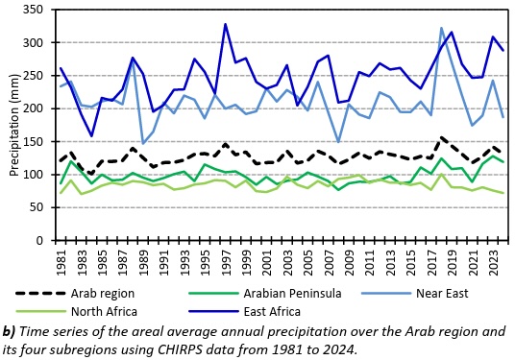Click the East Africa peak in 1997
[x=225, y=24]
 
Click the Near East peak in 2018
[x=441, y=28]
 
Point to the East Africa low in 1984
[x=91, y=136]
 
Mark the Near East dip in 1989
[x=143, y=143]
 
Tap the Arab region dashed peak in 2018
[x=441, y=137]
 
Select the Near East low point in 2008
[x=338, y=142]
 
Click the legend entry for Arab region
[x=75, y=293]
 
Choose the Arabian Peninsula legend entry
[x=265, y=293]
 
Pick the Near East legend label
[x=442, y=293]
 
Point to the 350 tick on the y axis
[x=33, y=10]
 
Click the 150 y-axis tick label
[x=33, y=141]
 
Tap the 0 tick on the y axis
[x=39, y=241]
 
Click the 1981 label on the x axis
[x=61, y=263]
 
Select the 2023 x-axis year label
[x=494, y=263]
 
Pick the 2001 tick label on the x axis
[x=267, y=263]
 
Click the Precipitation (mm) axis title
[x=14, y=125]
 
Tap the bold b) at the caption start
[x=9, y=332]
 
